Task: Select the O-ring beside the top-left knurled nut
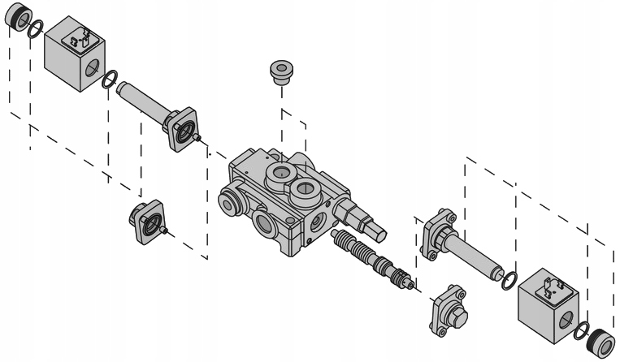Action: click(35, 31)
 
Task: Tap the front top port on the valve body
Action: click(306, 190)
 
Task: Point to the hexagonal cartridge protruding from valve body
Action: click(355, 216)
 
